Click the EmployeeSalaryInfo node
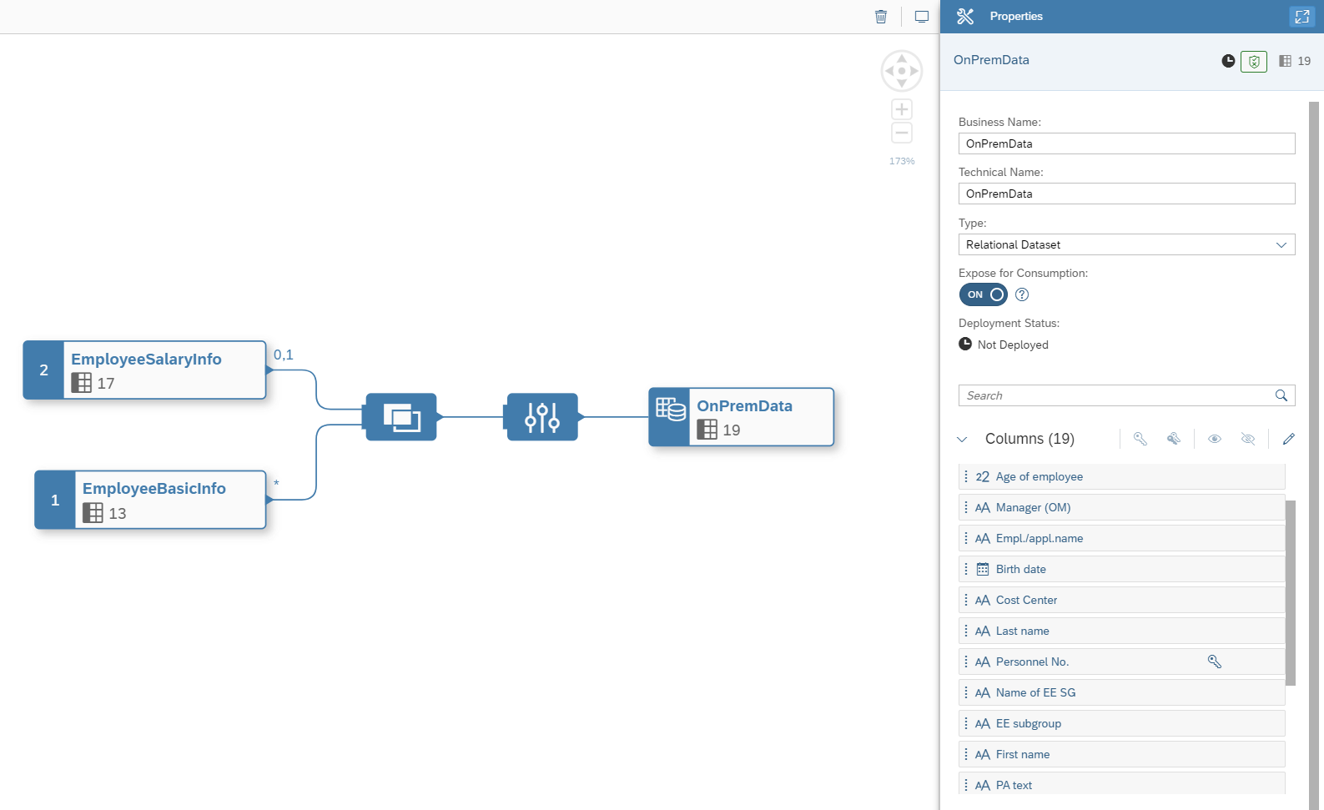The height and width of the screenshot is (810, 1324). point(145,370)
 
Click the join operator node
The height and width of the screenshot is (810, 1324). point(401,417)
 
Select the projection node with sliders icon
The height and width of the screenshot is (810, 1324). point(542,417)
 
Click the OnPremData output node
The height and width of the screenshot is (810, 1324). point(742,417)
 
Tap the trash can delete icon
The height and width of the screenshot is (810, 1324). point(881,17)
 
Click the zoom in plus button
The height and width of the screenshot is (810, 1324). point(902,109)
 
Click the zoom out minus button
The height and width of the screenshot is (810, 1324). point(902,133)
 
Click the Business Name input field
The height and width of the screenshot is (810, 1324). point(1126,143)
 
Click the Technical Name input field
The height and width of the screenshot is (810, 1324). point(1126,194)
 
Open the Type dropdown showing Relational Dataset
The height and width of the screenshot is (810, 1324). point(1126,244)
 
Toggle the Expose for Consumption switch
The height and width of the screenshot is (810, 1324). point(984,294)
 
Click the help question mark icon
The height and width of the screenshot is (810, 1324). point(1022,294)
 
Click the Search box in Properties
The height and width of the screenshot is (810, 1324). point(1118,395)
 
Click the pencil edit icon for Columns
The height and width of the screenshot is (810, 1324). point(1289,439)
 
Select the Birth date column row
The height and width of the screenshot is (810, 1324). point(1121,569)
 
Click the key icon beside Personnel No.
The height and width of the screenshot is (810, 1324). point(1215,662)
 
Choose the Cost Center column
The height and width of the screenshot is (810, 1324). point(1121,600)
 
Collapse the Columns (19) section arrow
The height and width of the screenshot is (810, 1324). point(962,439)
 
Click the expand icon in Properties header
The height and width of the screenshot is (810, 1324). point(1301,17)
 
